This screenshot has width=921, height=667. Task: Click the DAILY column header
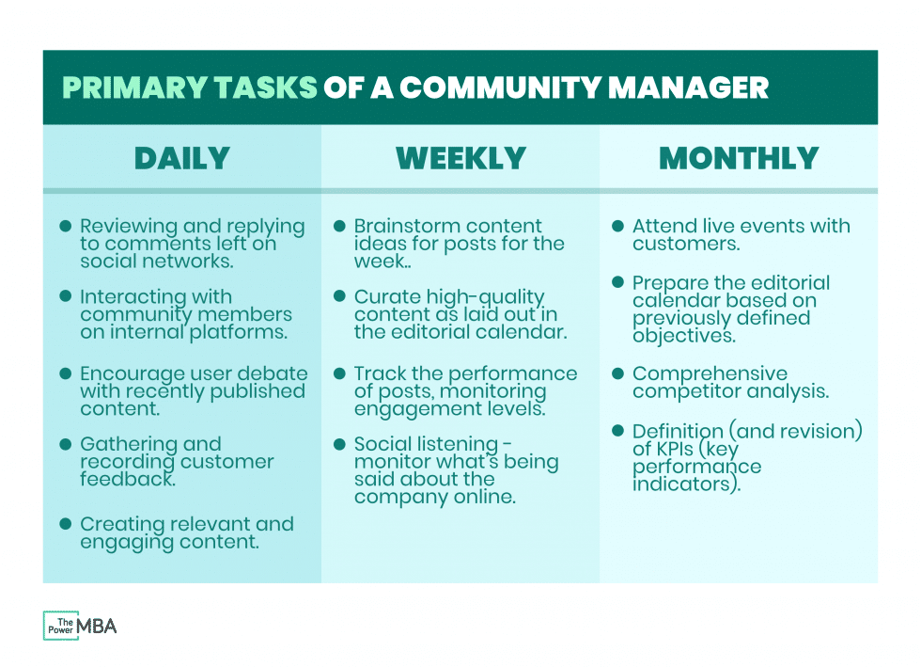pos(181,158)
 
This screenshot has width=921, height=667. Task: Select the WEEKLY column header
pos(460,158)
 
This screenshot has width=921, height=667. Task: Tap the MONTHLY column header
pos(739,158)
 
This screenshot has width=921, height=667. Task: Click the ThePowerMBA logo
pos(80,626)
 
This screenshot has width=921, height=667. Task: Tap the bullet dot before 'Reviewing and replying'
pos(66,227)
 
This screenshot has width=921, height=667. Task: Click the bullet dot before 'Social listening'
pos(340,443)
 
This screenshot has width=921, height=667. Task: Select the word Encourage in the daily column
pos(127,373)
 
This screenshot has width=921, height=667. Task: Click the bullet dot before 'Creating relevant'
pos(66,524)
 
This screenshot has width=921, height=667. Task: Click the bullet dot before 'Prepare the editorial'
pos(618,282)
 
